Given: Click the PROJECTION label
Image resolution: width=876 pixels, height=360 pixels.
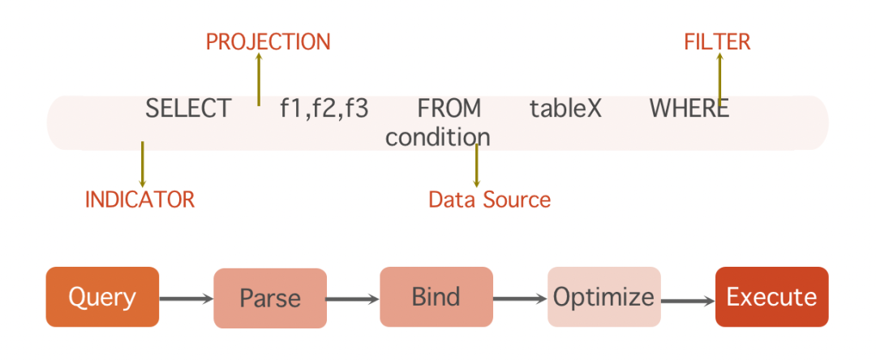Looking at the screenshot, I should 268,42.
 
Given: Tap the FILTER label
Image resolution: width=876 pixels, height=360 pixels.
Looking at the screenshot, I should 717,42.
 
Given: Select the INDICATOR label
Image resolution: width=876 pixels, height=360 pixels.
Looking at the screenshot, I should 140,199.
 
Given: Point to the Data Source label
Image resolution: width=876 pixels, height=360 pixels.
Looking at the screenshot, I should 489,199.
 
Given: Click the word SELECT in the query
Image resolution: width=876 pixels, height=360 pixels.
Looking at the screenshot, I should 188,109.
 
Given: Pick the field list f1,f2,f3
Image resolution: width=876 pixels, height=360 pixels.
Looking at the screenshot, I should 324,109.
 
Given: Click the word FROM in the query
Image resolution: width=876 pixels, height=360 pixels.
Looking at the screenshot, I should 449,109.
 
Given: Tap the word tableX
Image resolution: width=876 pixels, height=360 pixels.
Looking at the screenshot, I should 565,109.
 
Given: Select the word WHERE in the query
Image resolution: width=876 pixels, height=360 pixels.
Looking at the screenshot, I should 689,109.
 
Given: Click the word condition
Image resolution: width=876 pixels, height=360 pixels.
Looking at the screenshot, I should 437,137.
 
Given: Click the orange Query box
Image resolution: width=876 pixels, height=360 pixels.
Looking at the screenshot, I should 102,297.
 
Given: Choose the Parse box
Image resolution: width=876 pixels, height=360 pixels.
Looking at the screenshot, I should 270,298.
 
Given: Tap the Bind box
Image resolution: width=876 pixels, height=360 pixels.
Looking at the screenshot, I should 436,297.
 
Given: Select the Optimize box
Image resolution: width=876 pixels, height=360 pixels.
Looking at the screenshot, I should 603,297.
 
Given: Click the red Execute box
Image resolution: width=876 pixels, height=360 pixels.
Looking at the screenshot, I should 771,297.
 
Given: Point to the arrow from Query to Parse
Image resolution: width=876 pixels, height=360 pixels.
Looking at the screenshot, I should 186,299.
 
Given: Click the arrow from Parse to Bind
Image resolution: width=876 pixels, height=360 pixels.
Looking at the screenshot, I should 353,299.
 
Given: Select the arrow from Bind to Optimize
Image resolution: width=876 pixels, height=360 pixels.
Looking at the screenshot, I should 520,299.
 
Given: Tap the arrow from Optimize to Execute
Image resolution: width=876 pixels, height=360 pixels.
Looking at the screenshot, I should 688,301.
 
